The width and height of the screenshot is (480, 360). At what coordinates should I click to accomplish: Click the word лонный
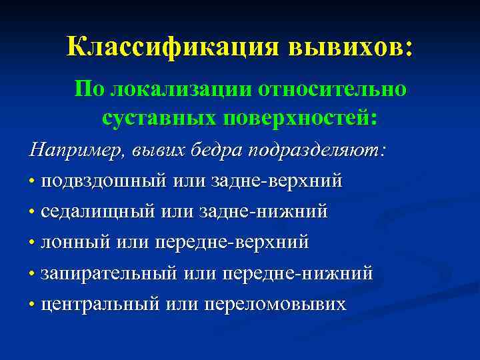pos(75,243)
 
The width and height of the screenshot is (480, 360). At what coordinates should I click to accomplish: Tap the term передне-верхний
pos(231,243)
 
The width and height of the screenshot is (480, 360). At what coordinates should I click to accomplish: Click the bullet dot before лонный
pos(32,243)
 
